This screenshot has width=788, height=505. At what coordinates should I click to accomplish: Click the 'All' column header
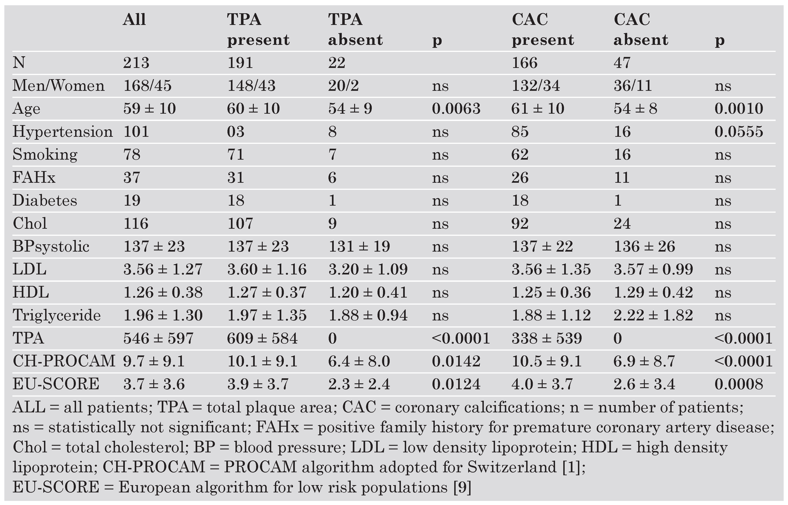134,20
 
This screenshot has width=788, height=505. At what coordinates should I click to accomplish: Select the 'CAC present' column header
542,30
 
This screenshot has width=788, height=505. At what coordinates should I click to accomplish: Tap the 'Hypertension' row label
62,132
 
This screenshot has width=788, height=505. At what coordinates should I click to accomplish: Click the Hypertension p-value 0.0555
739,132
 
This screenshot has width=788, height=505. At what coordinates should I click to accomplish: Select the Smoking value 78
132,154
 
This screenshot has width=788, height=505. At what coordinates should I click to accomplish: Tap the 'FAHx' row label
34,177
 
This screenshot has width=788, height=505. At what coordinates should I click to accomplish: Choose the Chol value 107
240,223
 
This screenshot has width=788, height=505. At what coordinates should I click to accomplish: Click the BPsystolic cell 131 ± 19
359,246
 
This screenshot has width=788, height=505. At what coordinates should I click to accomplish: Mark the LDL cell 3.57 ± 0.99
653,269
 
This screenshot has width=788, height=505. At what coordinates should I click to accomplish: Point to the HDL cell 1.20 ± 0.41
368,292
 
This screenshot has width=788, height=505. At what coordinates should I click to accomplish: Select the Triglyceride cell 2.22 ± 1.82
653,315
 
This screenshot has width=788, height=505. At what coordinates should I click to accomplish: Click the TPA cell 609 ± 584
262,338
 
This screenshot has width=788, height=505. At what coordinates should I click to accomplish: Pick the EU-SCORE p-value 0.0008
739,384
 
